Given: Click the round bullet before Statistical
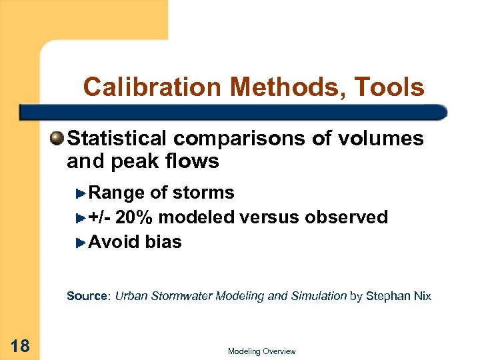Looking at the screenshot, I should [x=59, y=139].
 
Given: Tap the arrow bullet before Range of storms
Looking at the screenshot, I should [x=81, y=193].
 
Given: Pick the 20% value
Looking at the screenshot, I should [x=135, y=217].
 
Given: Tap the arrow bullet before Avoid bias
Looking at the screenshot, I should [x=81, y=241].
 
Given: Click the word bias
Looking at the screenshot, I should [x=163, y=241].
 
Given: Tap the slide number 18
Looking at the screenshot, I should [x=20, y=345].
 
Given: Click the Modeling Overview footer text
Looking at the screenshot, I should [x=261, y=351].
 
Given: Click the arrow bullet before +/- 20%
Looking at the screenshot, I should [x=81, y=217].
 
